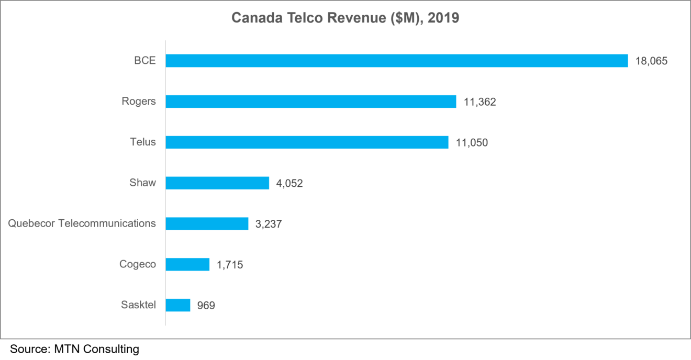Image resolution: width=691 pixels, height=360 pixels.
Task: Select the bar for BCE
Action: pyautogui.click(x=396, y=61)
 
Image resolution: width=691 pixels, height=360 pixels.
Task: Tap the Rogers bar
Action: pyautogui.click(x=310, y=102)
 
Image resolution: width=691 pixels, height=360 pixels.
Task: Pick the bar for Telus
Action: pyautogui.click(x=307, y=142)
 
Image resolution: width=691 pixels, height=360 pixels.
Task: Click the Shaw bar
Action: pyautogui.click(x=217, y=183)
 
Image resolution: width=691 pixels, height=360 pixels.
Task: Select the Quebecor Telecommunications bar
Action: pyautogui.click(x=207, y=224)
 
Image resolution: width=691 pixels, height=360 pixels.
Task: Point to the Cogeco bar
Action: pyautogui.click(x=187, y=264)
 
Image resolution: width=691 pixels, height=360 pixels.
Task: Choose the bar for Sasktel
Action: pyautogui.click(x=178, y=305)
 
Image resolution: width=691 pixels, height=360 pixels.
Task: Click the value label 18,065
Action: pyautogui.click(x=651, y=61)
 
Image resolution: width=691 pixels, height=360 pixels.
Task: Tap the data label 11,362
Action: pyautogui.click(x=480, y=102)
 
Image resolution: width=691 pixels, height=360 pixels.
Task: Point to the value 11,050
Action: pyautogui.click(x=472, y=143)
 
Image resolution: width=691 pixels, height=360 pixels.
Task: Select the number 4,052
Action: pyautogui.click(x=289, y=184)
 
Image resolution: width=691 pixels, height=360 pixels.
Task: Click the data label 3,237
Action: pyautogui.click(x=269, y=224)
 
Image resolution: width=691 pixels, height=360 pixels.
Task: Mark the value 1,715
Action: pyautogui.click(x=230, y=265)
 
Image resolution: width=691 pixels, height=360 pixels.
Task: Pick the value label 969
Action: pyautogui.click(x=206, y=306)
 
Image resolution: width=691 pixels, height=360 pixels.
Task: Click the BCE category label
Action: pyautogui.click(x=144, y=61)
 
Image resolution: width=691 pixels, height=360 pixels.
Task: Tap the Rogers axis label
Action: pyautogui.click(x=139, y=102)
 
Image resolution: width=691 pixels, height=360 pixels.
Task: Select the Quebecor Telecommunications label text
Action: pyautogui.click(x=82, y=223)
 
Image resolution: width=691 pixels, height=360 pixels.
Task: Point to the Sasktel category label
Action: pyautogui.click(x=138, y=305)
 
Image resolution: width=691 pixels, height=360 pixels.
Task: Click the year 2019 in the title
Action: pyautogui.click(x=443, y=18)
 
